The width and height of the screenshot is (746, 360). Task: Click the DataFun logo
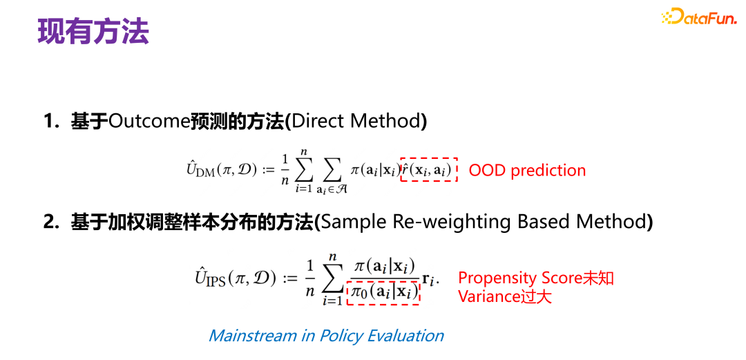[698, 17]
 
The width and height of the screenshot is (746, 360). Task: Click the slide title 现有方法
[93, 32]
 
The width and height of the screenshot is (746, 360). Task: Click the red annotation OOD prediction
[527, 171]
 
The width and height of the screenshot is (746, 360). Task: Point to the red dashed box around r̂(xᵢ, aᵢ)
[429, 169]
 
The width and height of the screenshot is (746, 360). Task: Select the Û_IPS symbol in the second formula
[211, 278]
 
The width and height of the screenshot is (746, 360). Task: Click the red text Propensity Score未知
[536, 278]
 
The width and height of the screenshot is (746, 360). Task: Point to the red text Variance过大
[505, 296]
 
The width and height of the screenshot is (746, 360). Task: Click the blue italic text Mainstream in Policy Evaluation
[326, 336]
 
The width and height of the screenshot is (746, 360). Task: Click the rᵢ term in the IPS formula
[430, 279]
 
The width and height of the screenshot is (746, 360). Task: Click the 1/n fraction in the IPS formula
[310, 278]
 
